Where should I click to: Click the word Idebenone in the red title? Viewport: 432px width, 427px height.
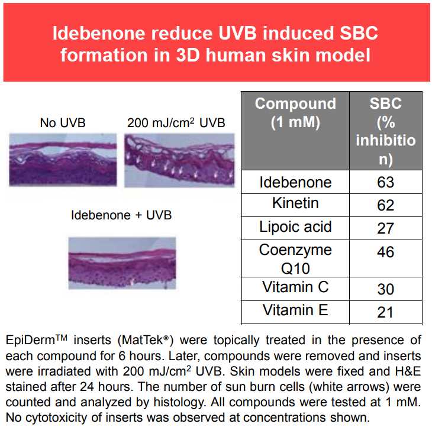click(x=99, y=33)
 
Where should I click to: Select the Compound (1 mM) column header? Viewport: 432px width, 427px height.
click(x=295, y=112)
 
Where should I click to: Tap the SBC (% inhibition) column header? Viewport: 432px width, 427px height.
click(x=386, y=131)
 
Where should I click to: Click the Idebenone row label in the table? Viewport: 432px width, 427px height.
click(x=295, y=182)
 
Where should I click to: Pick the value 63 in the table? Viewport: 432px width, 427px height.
click(x=385, y=182)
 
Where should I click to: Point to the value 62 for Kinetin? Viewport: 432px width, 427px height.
click(x=385, y=205)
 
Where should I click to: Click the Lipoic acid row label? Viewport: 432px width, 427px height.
click(x=295, y=227)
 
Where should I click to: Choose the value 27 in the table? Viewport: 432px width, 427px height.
click(x=385, y=228)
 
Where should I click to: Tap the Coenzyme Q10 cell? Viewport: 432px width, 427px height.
click(x=295, y=259)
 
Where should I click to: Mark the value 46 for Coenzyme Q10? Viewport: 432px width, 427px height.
click(x=385, y=252)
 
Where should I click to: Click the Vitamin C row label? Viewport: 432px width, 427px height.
click(x=295, y=287)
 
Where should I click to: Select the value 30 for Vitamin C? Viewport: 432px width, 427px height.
click(x=385, y=289)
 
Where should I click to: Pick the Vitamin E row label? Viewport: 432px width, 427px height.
click(x=295, y=310)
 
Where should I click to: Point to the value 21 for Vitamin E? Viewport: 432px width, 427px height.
click(x=385, y=312)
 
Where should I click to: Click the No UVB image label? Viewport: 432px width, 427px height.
click(x=63, y=123)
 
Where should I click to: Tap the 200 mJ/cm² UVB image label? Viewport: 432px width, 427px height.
click(x=176, y=122)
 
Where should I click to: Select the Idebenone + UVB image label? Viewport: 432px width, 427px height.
click(x=121, y=215)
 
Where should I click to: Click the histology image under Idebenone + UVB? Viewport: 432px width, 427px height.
click(x=122, y=263)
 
